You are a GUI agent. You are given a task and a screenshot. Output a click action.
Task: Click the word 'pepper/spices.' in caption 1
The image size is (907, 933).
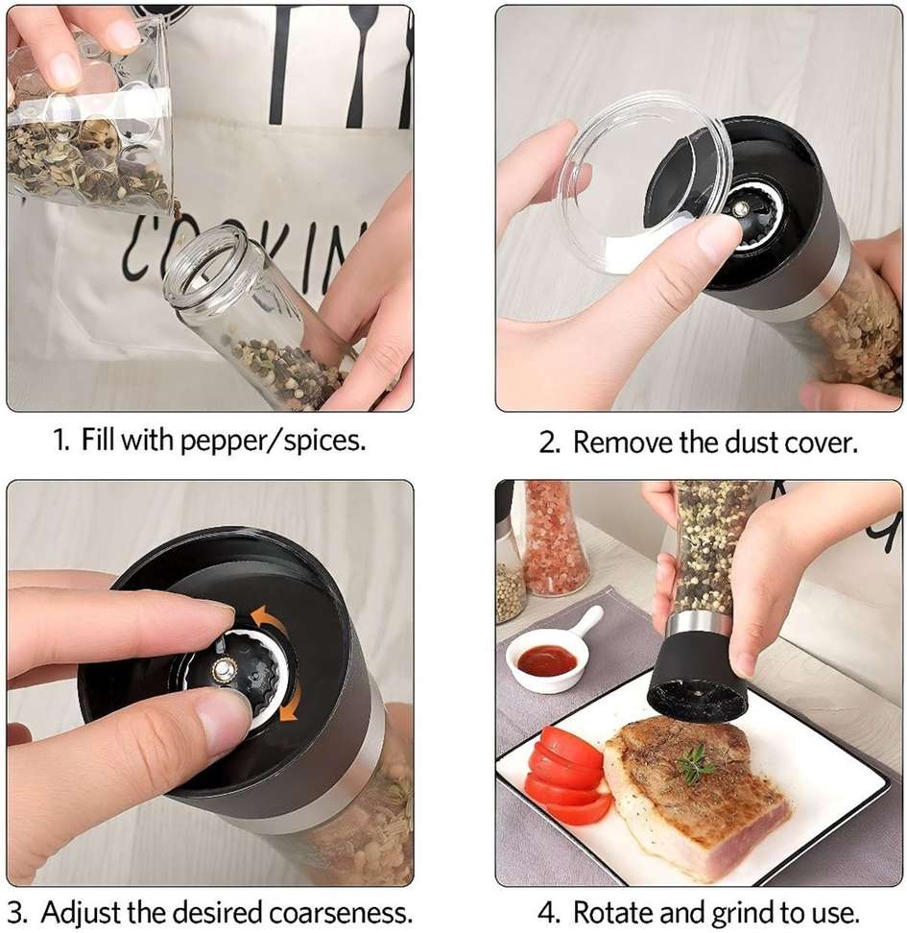[273, 442]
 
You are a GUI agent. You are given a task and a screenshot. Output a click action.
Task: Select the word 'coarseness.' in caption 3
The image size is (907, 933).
[341, 912]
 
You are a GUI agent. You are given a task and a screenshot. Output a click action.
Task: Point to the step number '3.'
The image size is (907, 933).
[19, 912]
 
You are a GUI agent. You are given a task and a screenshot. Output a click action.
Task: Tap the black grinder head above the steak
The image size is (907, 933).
[696, 675]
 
